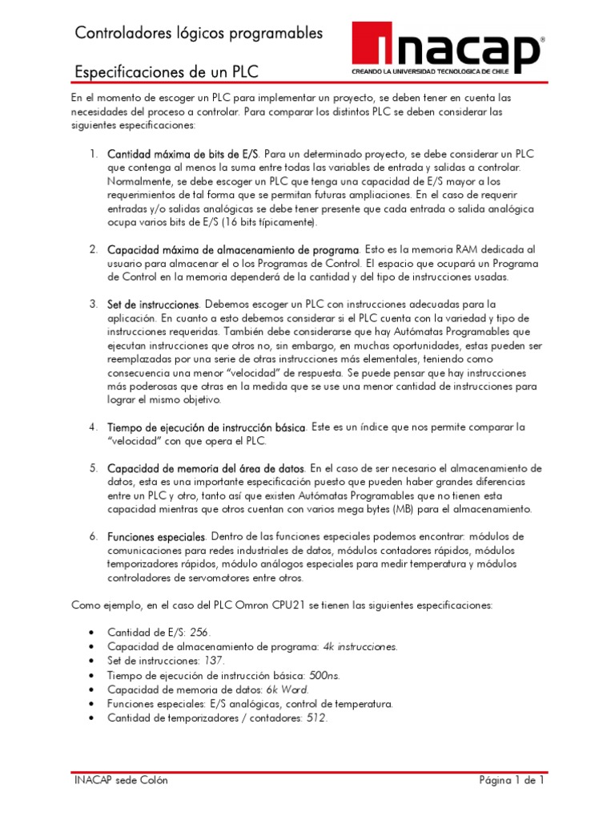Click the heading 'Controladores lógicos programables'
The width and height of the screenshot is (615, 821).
199,33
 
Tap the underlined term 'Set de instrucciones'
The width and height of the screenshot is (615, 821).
153,305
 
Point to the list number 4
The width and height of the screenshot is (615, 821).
93,427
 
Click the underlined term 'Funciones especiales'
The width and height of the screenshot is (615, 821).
156,536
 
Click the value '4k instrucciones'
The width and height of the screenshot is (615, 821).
360,646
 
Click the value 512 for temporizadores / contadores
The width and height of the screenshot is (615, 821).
316,718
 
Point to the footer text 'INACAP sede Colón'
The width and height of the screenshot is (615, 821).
121,780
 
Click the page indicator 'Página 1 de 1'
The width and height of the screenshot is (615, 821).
512,780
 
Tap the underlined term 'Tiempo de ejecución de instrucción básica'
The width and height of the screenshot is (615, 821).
206,427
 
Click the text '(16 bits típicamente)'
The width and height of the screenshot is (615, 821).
265,222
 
